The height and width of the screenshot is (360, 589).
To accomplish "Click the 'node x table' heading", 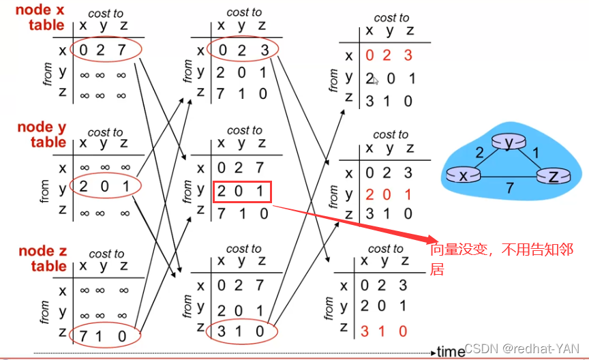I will pos(40,18).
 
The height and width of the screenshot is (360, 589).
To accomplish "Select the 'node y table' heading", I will pos(42,134).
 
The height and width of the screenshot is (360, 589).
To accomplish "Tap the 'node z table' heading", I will pos(42,258).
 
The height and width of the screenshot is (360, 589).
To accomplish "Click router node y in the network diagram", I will pos(509,142).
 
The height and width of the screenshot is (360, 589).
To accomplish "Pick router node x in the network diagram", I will pos(463,175).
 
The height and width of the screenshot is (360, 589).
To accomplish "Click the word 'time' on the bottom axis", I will pos(451,351).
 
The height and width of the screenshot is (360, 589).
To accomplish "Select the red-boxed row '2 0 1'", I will pos(242,192).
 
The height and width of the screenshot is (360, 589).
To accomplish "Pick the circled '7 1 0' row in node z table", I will pos(103,335).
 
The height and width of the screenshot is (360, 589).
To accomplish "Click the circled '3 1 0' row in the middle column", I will pos(242,331).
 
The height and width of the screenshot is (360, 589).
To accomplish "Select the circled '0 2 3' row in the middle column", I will pos(242,50).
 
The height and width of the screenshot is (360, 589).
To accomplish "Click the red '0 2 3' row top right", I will pos(389,56).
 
